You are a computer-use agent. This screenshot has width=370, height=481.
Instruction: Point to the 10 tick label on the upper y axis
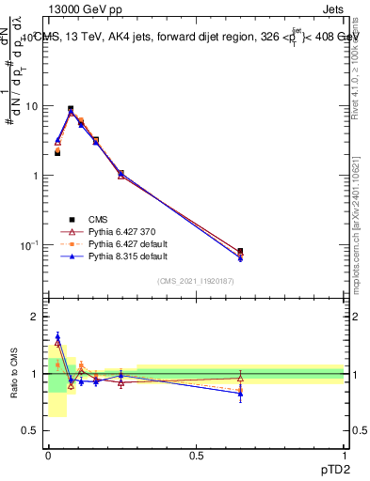pos(32,106)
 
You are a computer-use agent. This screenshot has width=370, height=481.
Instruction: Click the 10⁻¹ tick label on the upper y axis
pos(30,245)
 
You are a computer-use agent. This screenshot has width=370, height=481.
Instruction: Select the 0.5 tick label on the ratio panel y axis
pos(32,430)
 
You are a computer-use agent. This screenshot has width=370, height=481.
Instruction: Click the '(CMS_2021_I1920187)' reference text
pos(196,280)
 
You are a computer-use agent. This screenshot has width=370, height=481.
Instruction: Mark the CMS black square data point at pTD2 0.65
pos(240,252)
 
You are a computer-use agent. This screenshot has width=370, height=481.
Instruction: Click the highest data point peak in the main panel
pos(71,109)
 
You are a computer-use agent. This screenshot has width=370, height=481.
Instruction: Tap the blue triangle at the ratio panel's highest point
pos(57,336)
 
